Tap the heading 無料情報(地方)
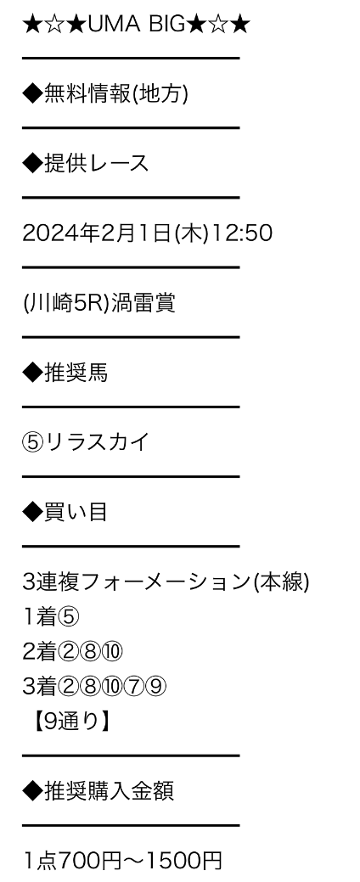(x=115, y=94)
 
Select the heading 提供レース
(x=96, y=163)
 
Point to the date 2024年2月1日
(x=96, y=233)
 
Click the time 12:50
(x=242, y=233)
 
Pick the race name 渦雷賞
(x=143, y=302)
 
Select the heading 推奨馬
(x=76, y=373)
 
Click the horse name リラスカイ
(x=98, y=442)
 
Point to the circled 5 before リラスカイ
(x=33, y=442)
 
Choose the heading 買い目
(x=76, y=512)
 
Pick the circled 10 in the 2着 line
(x=112, y=652)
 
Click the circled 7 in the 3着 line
(x=134, y=687)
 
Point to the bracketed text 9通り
(x=70, y=722)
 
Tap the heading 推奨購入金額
(x=109, y=791)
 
